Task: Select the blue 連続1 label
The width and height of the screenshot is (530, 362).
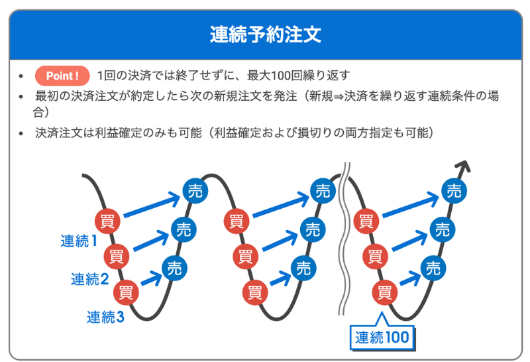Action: tap(79, 241)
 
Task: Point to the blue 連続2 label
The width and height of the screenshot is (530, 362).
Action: tap(89, 279)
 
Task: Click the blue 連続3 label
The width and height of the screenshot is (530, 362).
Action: tap(105, 317)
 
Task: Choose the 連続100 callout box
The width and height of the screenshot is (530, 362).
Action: tap(381, 336)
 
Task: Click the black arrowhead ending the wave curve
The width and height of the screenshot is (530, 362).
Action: tap(465, 167)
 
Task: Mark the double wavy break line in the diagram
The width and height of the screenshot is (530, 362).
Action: tap(343, 239)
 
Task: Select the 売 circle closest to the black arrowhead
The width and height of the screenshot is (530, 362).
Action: tap(454, 192)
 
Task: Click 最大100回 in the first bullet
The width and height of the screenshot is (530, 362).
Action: tap(284, 76)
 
